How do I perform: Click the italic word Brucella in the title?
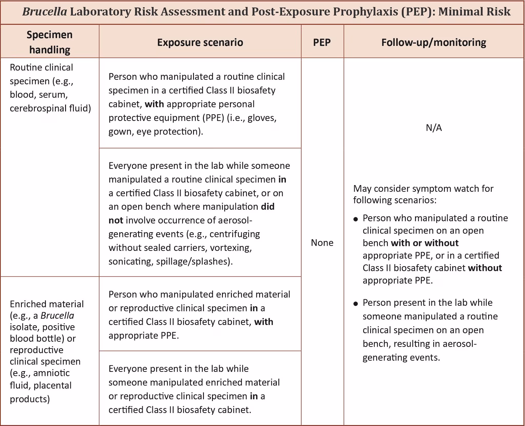tap(45, 12)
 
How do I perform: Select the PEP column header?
tap(322, 42)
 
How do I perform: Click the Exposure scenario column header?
tap(200, 42)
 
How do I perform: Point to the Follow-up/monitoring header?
tap(433, 42)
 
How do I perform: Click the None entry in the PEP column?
tap(322, 242)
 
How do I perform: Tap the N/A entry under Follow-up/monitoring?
tap(434, 128)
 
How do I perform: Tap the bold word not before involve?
tap(116, 220)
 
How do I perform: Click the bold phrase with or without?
tap(425, 243)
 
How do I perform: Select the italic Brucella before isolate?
tap(57, 316)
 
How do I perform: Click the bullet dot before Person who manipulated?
tap(356, 219)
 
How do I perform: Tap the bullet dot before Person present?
tap(356, 304)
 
